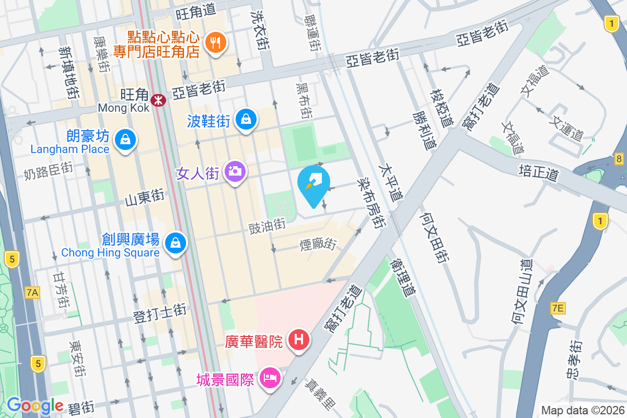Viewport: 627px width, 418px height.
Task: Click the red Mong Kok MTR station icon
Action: (x=156, y=99)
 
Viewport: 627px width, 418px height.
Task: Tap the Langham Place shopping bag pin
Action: (x=125, y=140)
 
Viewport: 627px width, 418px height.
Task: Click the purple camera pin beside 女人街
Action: (x=235, y=170)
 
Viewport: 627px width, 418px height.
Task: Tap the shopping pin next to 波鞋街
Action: (x=246, y=119)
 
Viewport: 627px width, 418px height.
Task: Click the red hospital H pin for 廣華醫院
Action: (x=299, y=340)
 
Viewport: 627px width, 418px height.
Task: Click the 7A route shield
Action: (x=32, y=293)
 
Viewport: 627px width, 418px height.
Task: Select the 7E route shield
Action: (x=558, y=308)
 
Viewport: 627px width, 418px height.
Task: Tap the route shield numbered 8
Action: (x=619, y=159)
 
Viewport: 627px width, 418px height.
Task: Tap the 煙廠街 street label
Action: (x=318, y=243)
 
